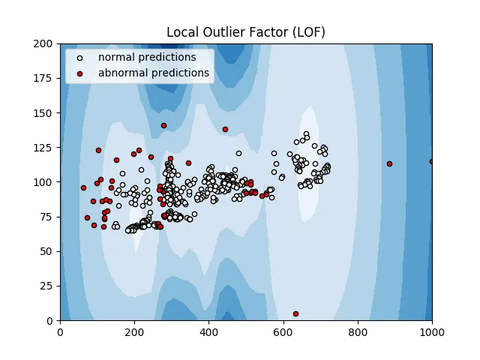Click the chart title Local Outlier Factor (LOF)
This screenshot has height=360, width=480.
point(245,31)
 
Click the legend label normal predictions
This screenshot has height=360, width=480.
point(147,58)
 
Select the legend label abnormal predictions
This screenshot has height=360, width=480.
point(153,73)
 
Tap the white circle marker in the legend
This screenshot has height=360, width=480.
point(80,58)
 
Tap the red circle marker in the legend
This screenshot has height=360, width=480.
point(80,73)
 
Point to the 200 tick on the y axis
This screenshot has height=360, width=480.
point(46,44)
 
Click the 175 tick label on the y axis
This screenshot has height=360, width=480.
point(46,79)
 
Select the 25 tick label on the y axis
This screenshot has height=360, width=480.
point(49,286)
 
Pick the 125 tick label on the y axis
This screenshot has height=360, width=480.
point(46,148)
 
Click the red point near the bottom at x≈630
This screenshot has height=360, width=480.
point(295,313)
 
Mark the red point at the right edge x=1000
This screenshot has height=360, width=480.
point(432,161)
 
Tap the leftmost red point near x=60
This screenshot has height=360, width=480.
point(83,187)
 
